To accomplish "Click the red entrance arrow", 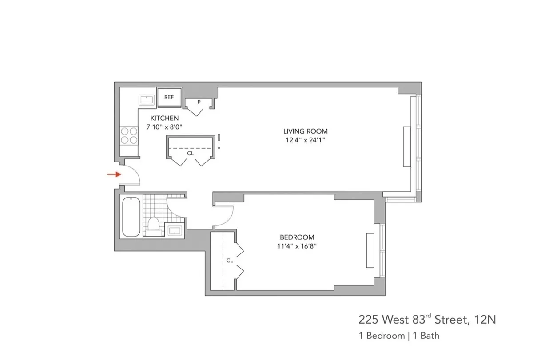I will coord(114,174).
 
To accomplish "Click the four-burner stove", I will coord(129,135).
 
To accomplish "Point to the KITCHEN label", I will coord(164,118).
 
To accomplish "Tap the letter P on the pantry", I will coord(199,102).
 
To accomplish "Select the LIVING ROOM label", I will coord(306,131).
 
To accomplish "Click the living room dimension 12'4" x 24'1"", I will coord(306,140).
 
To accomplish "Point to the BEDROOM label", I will coord(297,237).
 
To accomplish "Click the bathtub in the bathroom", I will coord(131,217).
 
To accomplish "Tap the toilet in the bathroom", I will coord(153,224).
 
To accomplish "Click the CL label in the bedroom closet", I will coord(229,261).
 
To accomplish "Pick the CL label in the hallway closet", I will coord(190,153).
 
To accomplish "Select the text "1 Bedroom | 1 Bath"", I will coord(399,336).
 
